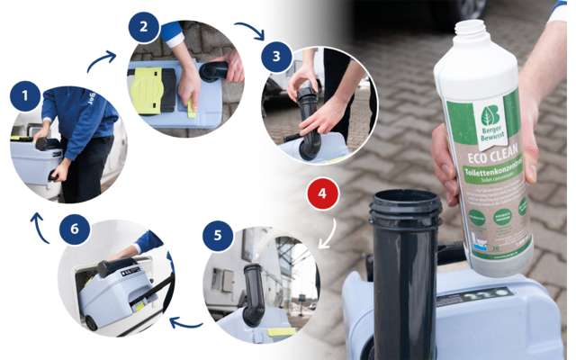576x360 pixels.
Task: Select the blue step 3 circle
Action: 275,57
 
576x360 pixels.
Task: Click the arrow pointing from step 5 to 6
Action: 187,322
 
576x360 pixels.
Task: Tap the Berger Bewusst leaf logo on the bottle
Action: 490,117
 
